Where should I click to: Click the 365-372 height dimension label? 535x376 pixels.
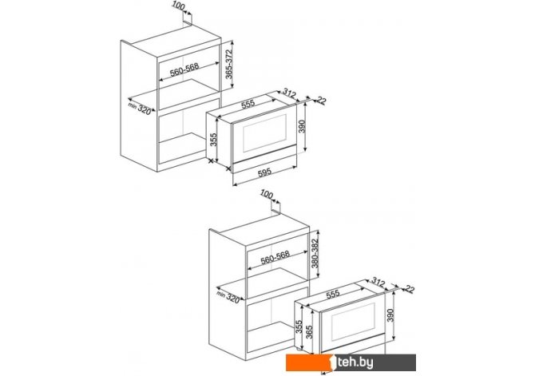point(229,65)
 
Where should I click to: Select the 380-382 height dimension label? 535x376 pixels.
point(315,254)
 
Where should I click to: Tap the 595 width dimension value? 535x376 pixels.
point(265,172)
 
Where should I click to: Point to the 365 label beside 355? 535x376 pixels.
point(309,332)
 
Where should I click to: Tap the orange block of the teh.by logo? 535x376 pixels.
point(309,362)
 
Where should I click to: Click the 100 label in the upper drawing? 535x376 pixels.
point(178,6)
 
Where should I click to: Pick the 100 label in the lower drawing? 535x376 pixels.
point(267,195)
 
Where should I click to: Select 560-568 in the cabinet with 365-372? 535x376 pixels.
point(184,70)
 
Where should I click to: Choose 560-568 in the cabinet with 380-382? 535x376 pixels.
point(275,258)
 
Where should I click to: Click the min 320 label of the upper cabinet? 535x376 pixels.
point(140,108)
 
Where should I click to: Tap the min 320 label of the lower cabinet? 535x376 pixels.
point(228,297)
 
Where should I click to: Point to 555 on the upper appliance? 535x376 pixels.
point(248,104)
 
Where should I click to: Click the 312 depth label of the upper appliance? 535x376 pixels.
point(289,93)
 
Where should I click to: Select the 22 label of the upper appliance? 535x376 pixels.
point(322,101)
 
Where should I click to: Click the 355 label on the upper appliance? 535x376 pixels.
point(213,140)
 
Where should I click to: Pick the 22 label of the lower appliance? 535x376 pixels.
point(410,289)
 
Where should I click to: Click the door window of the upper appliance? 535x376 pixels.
point(264,133)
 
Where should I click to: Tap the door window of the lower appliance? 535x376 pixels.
point(353,322)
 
